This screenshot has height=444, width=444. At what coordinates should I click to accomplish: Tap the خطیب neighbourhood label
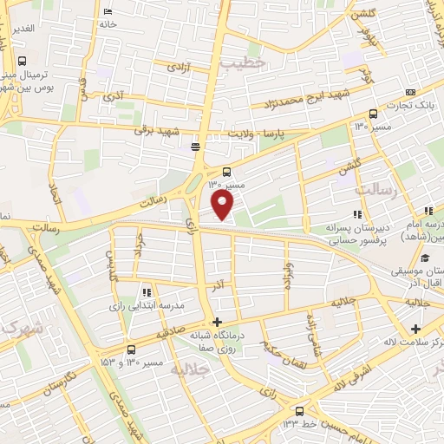(239, 63)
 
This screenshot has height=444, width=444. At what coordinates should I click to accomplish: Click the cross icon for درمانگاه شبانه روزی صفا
(217, 323)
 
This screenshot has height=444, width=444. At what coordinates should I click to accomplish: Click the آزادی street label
(179, 67)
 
